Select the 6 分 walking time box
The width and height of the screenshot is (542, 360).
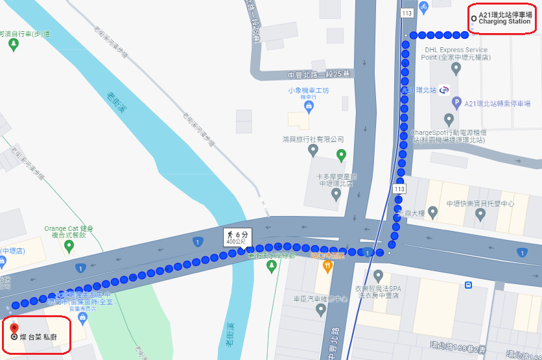tap(237, 237)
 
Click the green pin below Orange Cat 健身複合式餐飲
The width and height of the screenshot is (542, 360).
tap(69, 246)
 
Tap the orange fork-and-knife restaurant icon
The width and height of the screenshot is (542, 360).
tap(328, 265)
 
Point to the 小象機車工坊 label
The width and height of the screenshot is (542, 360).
tap(309, 91)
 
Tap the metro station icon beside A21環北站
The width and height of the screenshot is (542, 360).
tap(444, 90)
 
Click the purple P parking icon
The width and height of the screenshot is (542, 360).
tap(456, 102)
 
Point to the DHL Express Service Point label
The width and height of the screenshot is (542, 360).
tap(456, 53)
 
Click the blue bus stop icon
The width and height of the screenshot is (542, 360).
tap(468, 284)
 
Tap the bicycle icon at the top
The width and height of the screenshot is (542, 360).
tap(423, 6)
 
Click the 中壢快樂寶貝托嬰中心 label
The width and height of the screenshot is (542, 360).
tap(480, 204)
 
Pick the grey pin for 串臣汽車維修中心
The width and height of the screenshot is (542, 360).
tap(320, 310)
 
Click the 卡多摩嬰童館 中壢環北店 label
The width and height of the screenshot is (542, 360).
tap(336, 180)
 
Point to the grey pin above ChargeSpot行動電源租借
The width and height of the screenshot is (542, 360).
tap(449, 119)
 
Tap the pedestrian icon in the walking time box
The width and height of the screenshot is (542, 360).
tap(230, 234)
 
